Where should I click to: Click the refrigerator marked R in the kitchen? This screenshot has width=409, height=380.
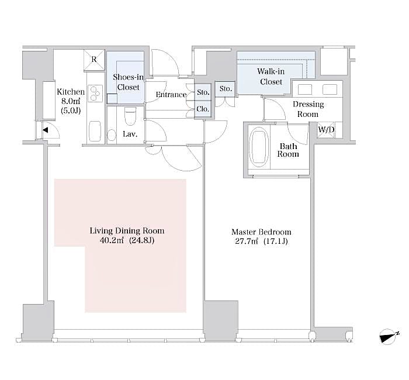coord(94,59)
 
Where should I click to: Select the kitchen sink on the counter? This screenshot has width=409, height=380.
coord(95,128)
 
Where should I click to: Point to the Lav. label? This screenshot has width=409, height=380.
coord(130,134)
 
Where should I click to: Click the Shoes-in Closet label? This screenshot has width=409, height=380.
coord(129,82)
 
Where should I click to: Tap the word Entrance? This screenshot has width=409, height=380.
coord(171,95)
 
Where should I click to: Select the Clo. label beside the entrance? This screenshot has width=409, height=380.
coord(203,109)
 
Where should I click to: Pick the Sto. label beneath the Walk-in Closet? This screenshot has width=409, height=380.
coord(226,89)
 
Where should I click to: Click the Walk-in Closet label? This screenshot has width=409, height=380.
coord(271,77)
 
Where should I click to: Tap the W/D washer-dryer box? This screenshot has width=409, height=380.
coord(326,130)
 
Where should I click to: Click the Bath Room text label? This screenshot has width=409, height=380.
coord(289,150)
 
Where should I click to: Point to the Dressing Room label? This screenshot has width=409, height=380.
coord(308,109)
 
